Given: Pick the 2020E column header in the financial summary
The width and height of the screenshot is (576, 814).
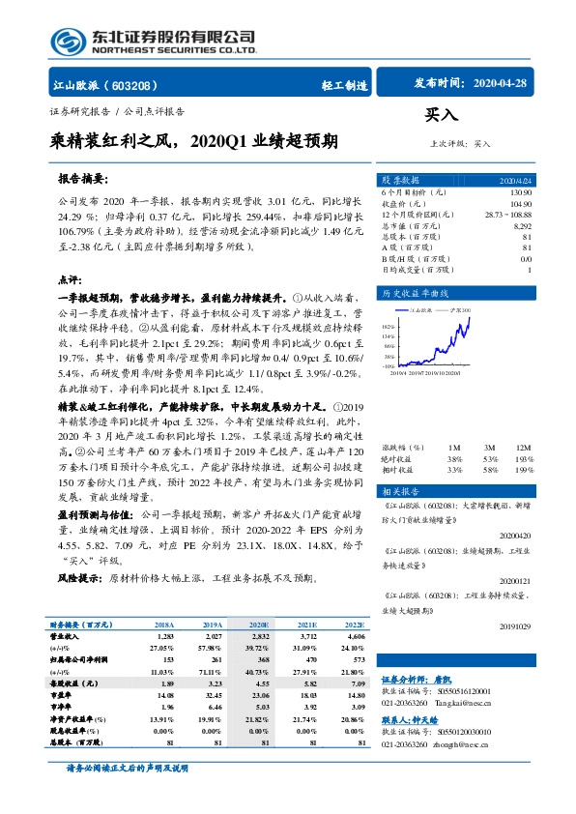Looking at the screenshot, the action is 259,625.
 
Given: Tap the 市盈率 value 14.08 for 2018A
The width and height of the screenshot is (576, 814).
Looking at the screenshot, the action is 163,693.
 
